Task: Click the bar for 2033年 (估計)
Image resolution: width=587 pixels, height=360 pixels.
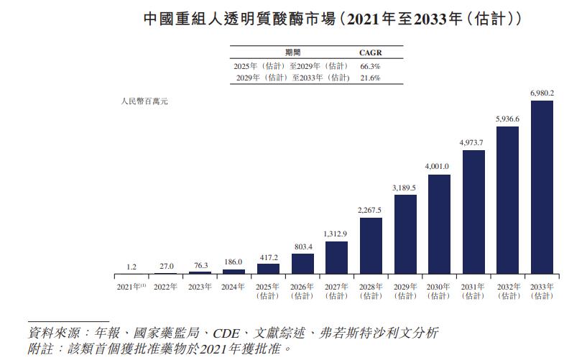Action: click(x=541, y=188)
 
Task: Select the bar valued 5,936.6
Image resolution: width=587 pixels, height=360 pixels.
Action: click(x=507, y=200)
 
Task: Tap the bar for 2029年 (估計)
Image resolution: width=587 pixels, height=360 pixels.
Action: click(x=405, y=234)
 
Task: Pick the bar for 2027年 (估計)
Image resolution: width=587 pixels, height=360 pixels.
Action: click(x=336, y=258)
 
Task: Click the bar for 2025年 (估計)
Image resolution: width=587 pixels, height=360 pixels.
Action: click(x=268, y=269)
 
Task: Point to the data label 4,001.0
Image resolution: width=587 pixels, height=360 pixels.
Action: click(x=438, y=167)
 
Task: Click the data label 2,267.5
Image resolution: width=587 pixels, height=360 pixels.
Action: click(x=370, y=210)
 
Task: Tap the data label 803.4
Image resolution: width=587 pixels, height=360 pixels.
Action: click(x=302, y=246)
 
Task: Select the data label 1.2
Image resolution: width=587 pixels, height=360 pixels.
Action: click(x=131, y=267)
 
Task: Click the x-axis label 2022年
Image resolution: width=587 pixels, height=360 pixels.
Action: click(x=165, y=287)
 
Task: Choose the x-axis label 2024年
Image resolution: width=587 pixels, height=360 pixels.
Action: click(x=234, y=287)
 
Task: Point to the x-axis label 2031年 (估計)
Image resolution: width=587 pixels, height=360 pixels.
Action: click(x=473, y=291)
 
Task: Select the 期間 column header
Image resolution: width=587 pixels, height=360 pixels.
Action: click(x=292, y=52)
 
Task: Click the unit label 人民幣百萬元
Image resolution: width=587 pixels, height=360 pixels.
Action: click(x=144, y=102)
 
